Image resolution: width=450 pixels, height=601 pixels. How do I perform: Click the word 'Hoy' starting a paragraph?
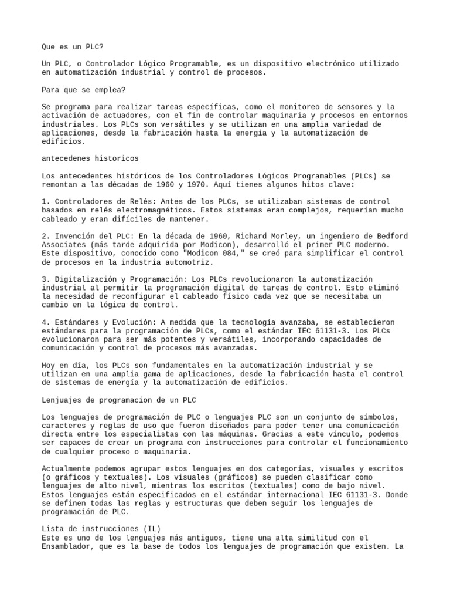pos(49,365)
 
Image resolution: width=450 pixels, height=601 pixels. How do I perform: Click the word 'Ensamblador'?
pos(68,546)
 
